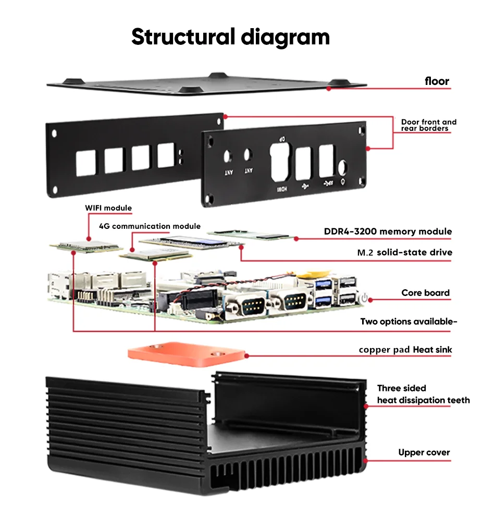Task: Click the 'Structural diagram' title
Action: tap(230, 37)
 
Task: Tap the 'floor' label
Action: tap(437, 81)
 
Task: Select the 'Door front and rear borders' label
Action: tap(429, 125)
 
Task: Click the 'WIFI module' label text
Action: tap(108, 208)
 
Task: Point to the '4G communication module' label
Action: tap(150, 226)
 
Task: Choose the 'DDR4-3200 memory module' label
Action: tap(388, 231)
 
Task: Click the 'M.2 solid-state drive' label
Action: tap(404, 252)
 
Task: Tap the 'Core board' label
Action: tap(425, 293)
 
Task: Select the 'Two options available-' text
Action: tap(409, 322)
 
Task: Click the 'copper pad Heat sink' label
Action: tap(405, 350)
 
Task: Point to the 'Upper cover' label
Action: tap(424, 452)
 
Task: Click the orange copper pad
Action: tap(186, 354)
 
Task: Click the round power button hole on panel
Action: tap(342, 167)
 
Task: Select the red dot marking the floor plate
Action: tap(329, 89)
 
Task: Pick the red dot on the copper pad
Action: tap(246, 356)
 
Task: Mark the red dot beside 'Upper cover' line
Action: tap(366, 460)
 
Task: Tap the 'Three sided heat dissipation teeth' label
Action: tap(423, 394)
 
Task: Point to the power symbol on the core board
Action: tap(364, 298)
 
